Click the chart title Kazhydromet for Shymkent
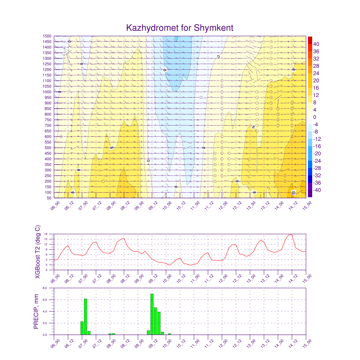coord(180,28)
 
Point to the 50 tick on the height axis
coord(49,198)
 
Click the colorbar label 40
coord(316,44)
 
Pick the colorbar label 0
coord(314,117)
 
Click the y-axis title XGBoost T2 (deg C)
coord(38,252)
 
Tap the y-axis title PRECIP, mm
coord(36,311)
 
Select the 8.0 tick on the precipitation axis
coord(45,288)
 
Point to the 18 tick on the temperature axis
coord(46,234)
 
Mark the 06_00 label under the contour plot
coord(55,205)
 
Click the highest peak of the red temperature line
coord(291,234)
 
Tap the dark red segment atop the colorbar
coord(310,40)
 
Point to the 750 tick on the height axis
coord(47,120)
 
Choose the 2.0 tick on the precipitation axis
coord(45,323)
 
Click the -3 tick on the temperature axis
coord(46,270)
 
